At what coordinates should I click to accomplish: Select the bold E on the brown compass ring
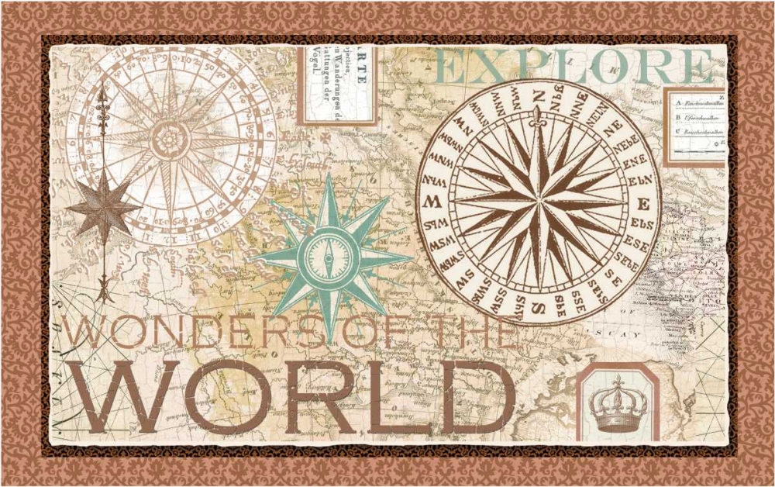tap(642, 204)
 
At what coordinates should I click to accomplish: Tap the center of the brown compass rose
tap(538, 202)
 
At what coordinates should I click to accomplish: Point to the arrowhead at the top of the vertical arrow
tap(102, 95)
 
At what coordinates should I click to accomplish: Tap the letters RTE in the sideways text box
tap(363, 66)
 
